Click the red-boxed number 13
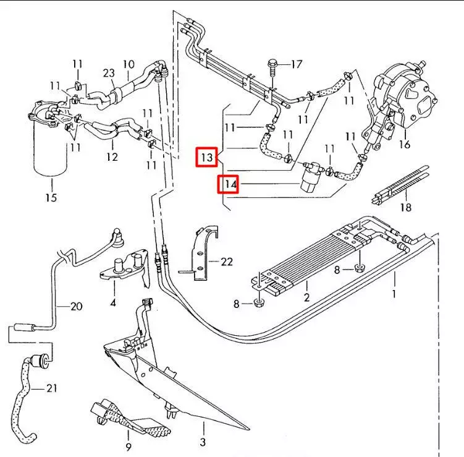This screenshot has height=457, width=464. (x=207, y=158)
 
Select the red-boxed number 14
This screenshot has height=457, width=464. (x=229, y=184)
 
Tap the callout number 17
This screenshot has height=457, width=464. (x=297, y=64)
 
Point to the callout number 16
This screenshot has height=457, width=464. (x=405, y=145)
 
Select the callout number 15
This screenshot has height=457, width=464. (x=51, y=197)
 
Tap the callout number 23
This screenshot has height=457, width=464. (x=109, y=73)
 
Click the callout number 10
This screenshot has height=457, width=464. (x=129, y=64)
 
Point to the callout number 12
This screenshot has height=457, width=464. (x=111, y=157)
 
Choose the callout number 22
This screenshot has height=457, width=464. (x=226, y=262)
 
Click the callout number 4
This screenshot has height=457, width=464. (x=113, y=302)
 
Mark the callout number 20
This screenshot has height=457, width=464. (x=76, y=305)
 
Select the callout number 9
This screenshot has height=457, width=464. (x=129, y=446)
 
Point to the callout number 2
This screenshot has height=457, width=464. (x=306, y=297)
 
